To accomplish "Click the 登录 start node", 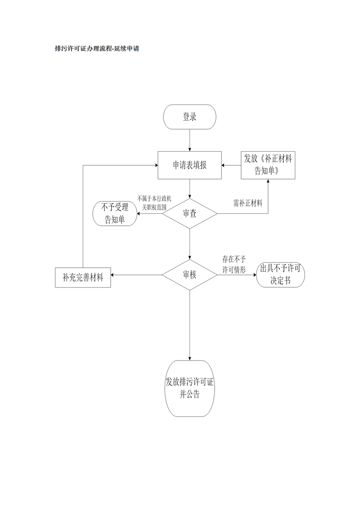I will [x=189, y=117].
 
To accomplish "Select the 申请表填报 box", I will [x=189, y=165].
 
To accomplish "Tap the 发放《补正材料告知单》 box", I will [x=268, y=165].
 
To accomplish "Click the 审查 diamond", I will [x=189, y=213].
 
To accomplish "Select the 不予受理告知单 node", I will [x=114, y=213].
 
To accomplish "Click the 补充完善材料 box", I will [x=83, y=278].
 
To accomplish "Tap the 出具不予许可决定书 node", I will [x=281, y=275].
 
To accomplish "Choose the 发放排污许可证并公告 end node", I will [x=189, y=388].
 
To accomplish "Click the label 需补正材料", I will [x=247, y=203].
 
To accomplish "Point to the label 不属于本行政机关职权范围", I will [x=152, y=203].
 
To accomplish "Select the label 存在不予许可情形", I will [x=234, y=265].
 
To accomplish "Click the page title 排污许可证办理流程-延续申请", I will [x=96, y=49].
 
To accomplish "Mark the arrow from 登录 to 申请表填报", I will [x=189, y=140].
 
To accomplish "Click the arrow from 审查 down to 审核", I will [x=189, y=243].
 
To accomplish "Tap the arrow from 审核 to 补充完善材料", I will [x=136, y=275].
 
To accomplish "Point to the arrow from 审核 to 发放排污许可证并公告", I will [x=189, y=324].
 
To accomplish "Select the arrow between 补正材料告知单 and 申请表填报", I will [x=231, y=165].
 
